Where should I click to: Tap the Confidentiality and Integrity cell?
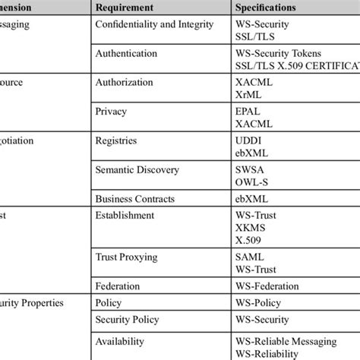click(x=149, y=24)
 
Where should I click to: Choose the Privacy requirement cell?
click(x=112, y=111)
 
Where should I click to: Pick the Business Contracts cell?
click(x=135, y=199)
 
